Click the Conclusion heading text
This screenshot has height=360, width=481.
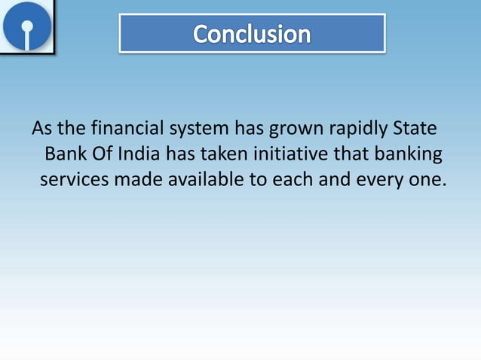tap(252, 34)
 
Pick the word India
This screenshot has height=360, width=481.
tap(139, 154)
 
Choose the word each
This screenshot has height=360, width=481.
tap(283, 181)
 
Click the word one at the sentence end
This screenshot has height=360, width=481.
tap(421, 182)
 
